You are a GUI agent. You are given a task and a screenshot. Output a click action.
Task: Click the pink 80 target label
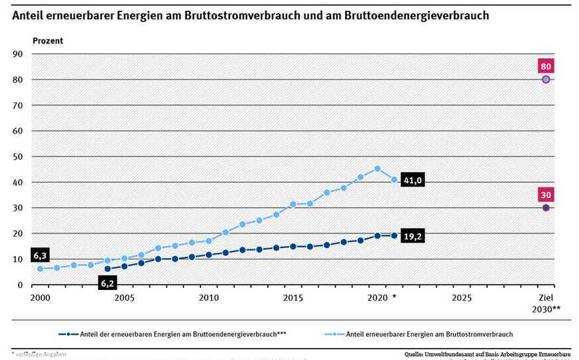point(546,66)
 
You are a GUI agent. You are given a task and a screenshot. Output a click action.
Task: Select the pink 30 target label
point(546,195)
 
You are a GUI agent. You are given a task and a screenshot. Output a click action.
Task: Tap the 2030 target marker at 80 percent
point(546,79)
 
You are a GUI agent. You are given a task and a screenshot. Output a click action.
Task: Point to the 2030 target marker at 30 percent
point(546,207)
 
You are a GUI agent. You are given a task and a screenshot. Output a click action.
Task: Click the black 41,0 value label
point(413,180)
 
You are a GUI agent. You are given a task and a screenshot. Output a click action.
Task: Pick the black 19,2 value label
point(413,235)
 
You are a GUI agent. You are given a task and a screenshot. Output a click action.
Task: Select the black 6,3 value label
point(41,255)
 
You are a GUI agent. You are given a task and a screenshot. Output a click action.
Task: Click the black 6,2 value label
point(107,283)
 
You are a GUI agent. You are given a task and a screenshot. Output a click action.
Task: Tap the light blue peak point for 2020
point(377,169)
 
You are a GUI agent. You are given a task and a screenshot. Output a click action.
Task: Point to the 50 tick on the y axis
point(18,157)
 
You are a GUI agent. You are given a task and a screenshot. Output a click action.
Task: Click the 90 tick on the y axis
point(18,54)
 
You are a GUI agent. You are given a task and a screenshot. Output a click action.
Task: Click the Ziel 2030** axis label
point(546,303)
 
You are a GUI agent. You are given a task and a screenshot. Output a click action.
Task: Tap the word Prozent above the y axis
point(48,41)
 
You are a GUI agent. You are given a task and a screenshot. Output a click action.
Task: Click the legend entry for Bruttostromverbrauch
point(430,334)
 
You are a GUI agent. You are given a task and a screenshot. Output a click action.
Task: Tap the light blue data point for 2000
point(40,269)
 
